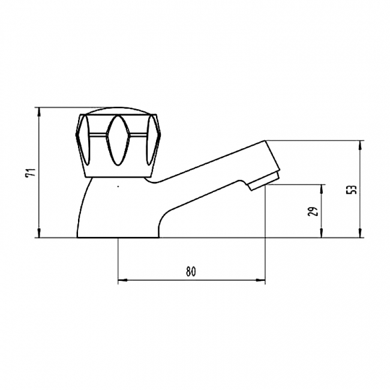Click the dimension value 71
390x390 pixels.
(32, 172)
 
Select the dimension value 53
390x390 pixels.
(353, 190)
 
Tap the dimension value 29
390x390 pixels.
(314, 211)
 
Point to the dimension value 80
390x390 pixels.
(191, 272)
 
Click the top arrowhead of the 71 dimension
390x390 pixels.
(39, 112)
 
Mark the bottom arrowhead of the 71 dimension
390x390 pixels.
(39, 233)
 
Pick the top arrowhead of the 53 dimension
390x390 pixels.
(360, 146)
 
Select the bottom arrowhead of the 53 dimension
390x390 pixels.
(360, 233)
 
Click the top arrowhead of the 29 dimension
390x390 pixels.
(322, 189)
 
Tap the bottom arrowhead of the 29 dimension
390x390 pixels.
(322, 233)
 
